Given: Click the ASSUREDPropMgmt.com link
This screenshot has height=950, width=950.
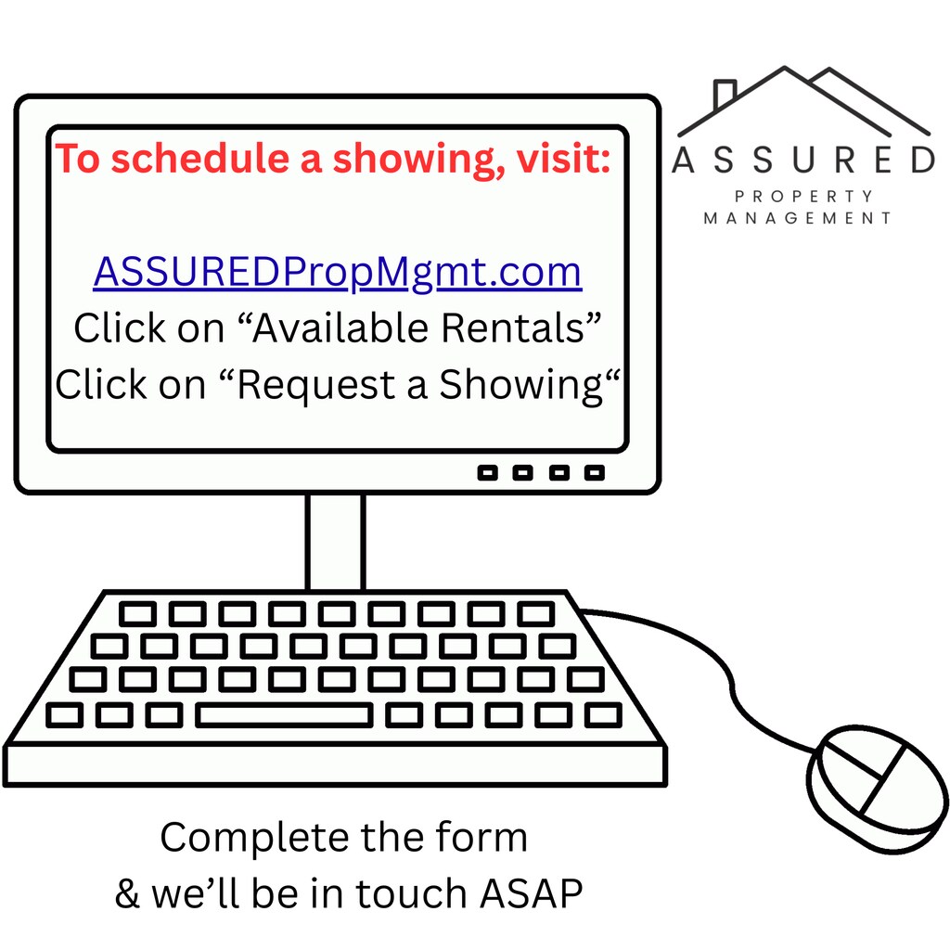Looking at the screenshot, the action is [x=338, y=273].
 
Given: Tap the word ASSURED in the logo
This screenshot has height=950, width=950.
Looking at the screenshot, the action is [x=804, y=160].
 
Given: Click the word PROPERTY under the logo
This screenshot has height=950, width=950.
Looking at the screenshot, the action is [x=804, y=197].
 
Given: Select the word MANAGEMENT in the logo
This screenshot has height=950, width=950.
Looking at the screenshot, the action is [x=797, y=218].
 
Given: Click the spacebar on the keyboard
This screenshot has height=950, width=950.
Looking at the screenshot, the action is [x=284, y=715].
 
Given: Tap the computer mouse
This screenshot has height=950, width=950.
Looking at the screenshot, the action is [x=878, y=789].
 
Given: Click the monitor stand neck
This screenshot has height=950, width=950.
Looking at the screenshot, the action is [x=335, y=542].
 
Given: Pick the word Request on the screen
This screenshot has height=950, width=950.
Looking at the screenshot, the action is [x=316, y=386].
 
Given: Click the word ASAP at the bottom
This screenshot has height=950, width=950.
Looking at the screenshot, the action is [x=532, y=893].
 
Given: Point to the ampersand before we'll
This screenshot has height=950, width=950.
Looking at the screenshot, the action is [x=127, y=893].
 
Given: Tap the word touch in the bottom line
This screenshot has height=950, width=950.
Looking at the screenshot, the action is [x=410, y=893].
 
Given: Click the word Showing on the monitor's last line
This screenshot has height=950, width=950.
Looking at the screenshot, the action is [x=521, y=386].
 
